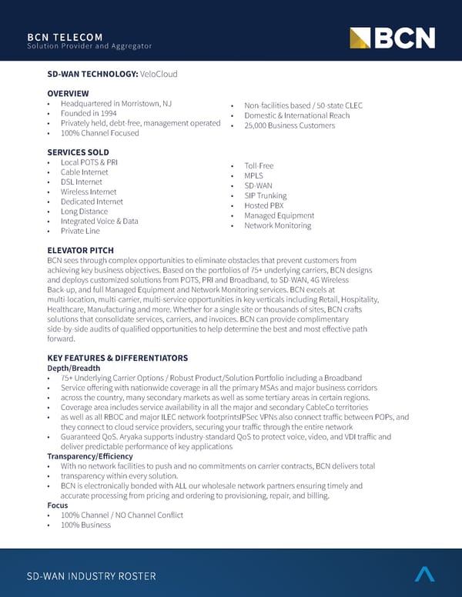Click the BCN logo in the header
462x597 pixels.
pyautogui.click(x=392, y=38)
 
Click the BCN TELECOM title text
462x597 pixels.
pyautogui.click(x=65, y=36)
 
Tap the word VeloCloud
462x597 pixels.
pyautogui.click(x=158, y=73)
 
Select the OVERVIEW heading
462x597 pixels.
pyautogui.click(x=68, y=93)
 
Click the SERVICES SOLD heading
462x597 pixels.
pyautogui.click(x=78, y=152)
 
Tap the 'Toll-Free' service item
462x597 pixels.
pyautogui.click(x=259, y=165)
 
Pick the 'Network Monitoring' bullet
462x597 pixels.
pyautogui.click(x=277, y=225)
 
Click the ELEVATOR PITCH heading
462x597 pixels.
pyautogui.click(x=80, y=250)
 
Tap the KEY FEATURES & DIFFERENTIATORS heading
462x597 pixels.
pyautogui.click(x=117, y=358)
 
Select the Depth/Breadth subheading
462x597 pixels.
pyautogui.click(x=73, y=368)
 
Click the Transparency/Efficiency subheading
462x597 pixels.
pyautogui.click(x=90, y=457)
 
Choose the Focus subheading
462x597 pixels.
pyautogui.click(x=57, y=505)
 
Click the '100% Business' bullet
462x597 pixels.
pyautogui.click(x=85, y=525)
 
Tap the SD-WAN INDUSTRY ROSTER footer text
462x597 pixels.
pyautogui.click(x=91, y=576)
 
